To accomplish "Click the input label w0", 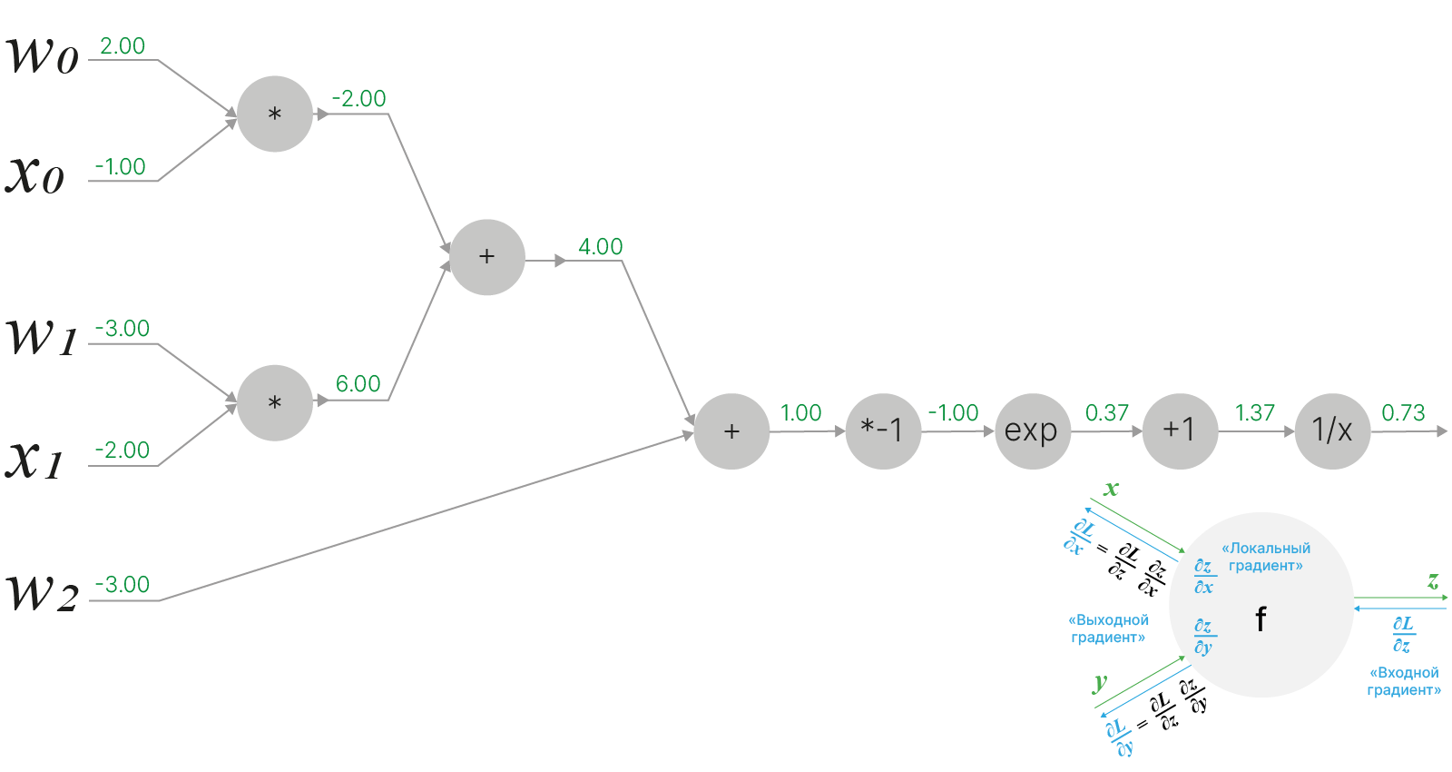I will click(43, 56).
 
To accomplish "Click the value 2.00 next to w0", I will click(123, 46).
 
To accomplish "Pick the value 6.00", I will click(358, 384).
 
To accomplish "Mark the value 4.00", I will click(600, 247).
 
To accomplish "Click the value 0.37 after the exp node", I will click(1106, 413).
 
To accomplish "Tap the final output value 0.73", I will click(1403, 413).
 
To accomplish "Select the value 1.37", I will click(1254, 413).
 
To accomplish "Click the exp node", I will click(1032, 431).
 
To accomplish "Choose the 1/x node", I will click(1331, 431).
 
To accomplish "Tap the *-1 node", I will click(882, 431).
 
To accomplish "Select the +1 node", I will click(1180, 431).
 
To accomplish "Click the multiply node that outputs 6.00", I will click(274, 402).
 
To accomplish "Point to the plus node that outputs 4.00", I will click(486, 257).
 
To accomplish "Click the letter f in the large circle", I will click(1261, 619).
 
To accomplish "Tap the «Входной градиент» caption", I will click(1403, 681).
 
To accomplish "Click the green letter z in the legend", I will click(1433, 580).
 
